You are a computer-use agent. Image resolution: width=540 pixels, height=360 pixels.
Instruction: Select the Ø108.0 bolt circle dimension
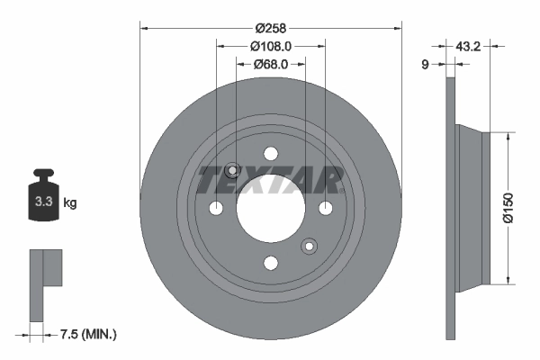[x=270, y=46]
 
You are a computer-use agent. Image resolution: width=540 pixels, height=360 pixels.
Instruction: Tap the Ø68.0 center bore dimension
[x=270, y=64]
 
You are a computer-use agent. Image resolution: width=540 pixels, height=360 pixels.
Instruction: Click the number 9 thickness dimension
[x=425, y=64]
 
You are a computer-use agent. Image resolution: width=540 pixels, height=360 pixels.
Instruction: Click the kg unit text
[x=70, y=203]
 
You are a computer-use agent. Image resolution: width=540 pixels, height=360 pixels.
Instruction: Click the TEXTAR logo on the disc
[x=270, y=181]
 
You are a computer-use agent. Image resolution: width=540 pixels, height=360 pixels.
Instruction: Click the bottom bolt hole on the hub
[x=270, y=263]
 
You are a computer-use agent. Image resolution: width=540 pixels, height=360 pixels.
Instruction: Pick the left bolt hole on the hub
[x=216, y=209]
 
